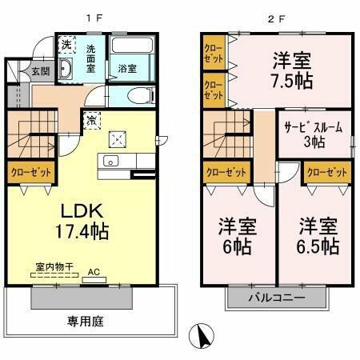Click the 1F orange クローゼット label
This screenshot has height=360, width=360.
click(x=30, y=172)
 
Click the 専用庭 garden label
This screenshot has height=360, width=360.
click(x=86, y=322)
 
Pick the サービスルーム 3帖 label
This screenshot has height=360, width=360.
click(x=314, y=134)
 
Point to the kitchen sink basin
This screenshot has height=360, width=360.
click(x=110, y=162)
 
